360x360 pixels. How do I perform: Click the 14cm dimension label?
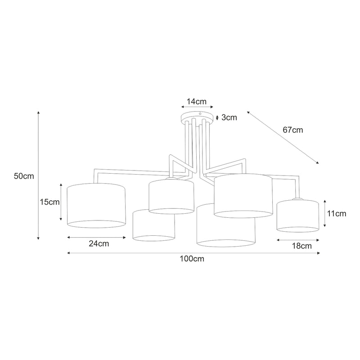(x=196, y=101)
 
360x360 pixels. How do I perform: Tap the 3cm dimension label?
(x=229, y=117)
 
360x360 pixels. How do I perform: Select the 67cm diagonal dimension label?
(x=292, y=130)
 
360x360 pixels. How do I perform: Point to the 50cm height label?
(x=24, y=176)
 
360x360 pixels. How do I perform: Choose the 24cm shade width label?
(x=99, y=243)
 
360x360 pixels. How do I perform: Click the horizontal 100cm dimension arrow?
(x=193, y=253)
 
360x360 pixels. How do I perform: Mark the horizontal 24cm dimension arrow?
(x=96, y=237)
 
